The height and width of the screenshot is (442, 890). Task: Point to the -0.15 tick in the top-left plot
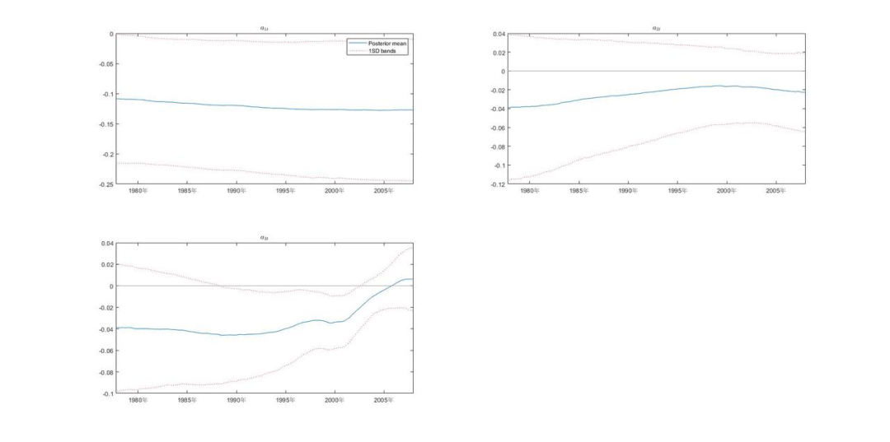pos(106,124)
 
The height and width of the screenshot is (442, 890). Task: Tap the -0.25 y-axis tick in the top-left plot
pos(106,184)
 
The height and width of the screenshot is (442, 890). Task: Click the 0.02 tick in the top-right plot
pos(498,53)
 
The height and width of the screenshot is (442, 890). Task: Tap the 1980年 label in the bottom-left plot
pos(138,401)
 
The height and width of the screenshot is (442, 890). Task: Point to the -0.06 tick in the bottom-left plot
pos(105,351)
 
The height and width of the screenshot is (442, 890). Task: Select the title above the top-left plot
pos(264,28)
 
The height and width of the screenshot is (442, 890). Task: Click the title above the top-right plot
pos(656,28)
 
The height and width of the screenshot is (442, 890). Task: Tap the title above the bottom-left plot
pos(264,238)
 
